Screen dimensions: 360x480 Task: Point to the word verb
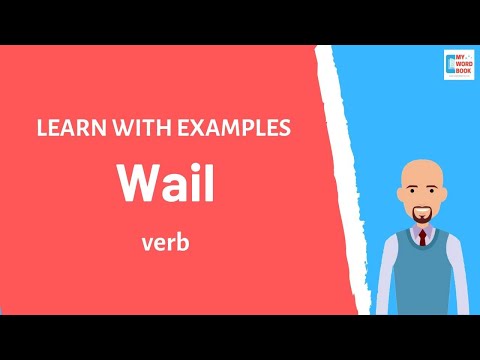click(166, 243)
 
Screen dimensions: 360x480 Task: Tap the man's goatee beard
click(424, 216)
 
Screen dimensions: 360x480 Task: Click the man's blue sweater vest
click(424, 275)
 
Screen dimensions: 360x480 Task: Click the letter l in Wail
click(208, 183)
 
